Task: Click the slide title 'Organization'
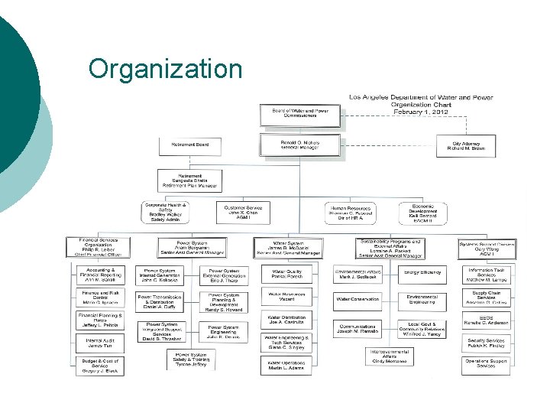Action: point(165,68)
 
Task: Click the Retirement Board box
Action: point(189,145)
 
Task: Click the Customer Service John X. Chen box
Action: point(243,210)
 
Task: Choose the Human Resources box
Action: point(351,212)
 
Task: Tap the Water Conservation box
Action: point(357,299)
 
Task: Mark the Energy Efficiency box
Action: point(422,272)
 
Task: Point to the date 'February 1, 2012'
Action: point(421,112)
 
